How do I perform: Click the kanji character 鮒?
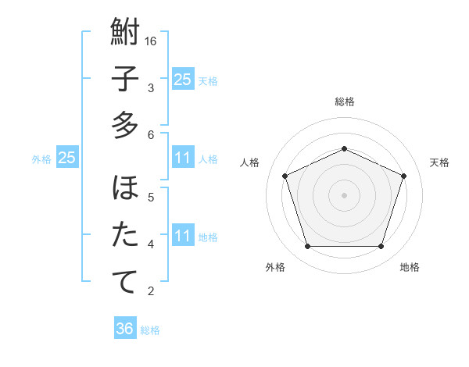point(125,32)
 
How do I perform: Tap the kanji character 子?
point(125,79)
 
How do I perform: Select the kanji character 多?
point(125,125)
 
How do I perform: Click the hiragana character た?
point(125,235)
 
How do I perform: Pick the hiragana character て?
point(125,282)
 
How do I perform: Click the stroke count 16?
point(152,41)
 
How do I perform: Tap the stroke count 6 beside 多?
point(152,135)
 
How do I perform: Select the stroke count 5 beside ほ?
point(152,198)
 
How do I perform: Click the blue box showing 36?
point(125,329)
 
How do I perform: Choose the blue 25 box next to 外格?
point(67,159)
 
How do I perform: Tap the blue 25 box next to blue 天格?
point(183,79)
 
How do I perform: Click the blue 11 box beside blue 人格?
point(183,159)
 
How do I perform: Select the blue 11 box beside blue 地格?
point(183,235)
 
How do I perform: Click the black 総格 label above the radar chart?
point(344,102)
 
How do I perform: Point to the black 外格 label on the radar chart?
point(275,268)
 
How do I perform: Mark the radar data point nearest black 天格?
point(404,176)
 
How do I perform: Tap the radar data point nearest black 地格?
point(381,247)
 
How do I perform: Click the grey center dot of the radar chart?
point(344,194)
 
